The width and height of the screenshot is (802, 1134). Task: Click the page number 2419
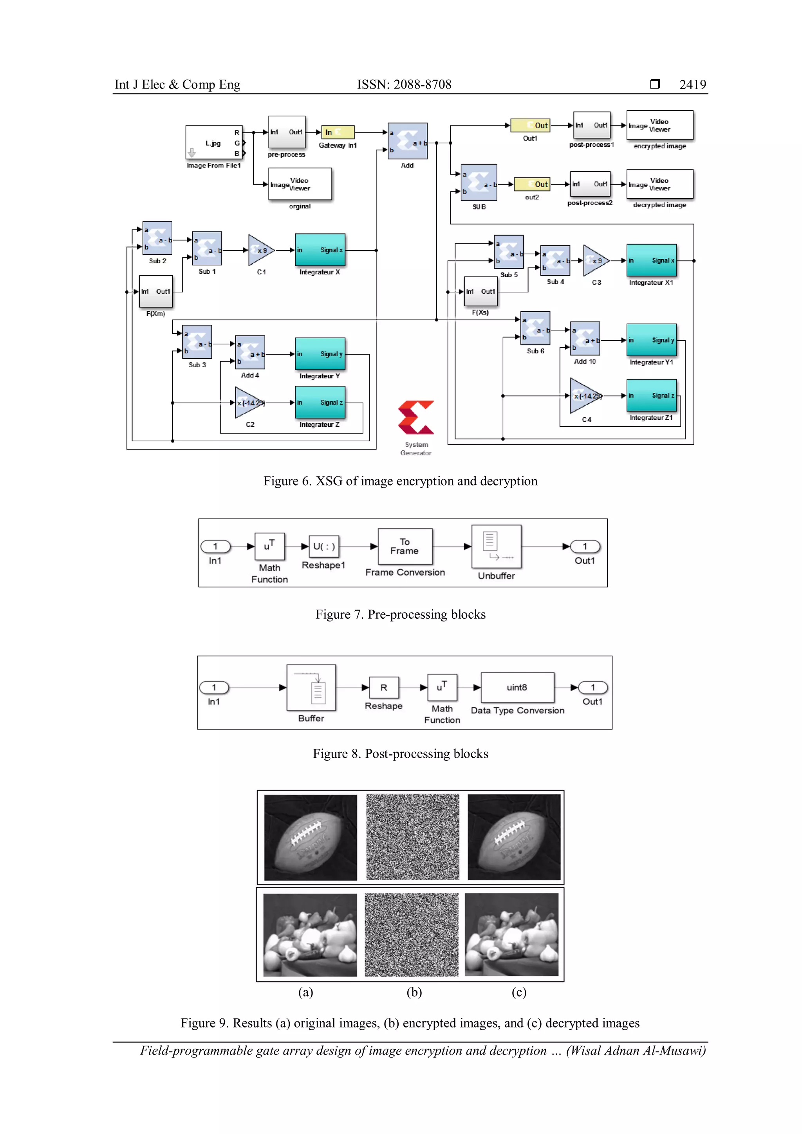(x=692, y=85)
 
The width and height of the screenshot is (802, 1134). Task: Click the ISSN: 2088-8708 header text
(x=404, y=85)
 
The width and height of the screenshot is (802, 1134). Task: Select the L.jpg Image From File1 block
(x=214, y=142)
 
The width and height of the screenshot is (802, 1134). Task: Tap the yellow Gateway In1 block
(x=338, y=132)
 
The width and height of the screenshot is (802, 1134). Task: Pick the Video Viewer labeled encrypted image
(x=659, y=125)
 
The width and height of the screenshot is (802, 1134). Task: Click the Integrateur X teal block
(x=320, y=250)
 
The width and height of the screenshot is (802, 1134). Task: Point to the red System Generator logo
(x=416, y=417)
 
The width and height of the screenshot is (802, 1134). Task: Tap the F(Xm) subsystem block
(x=155, y=291)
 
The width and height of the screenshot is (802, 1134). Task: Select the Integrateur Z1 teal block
(x=651, y=395)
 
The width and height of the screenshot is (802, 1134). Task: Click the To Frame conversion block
(x=405, y=546)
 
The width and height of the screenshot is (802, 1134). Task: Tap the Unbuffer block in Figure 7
(x=496, y=547)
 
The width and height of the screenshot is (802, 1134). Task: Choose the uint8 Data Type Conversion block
(x=517, y=688)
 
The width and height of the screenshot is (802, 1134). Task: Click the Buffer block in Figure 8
(x=311, y=688)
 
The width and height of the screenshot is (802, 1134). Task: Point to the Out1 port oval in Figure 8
(x=592, y=688)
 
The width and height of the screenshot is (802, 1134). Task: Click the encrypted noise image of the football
(x=412, y=837)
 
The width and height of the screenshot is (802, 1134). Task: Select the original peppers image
(x=310, y=935)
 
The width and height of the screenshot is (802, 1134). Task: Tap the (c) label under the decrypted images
(x=518, y=992)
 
